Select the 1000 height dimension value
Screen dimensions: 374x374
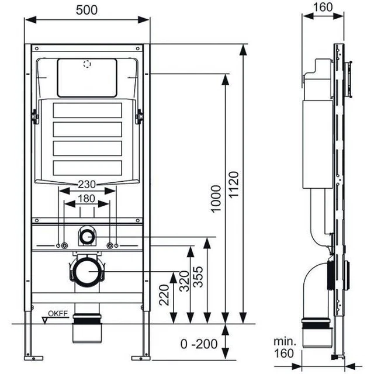click(x=216, y=199)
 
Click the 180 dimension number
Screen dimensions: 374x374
click(x=87, y=199)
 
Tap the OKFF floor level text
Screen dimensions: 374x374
click(x=59, y=314)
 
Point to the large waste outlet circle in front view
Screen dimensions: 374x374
click(x=87, y=272)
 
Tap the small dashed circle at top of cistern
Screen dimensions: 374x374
click(x=88, y=64)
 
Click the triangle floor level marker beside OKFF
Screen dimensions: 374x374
click(x=45, y=320)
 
